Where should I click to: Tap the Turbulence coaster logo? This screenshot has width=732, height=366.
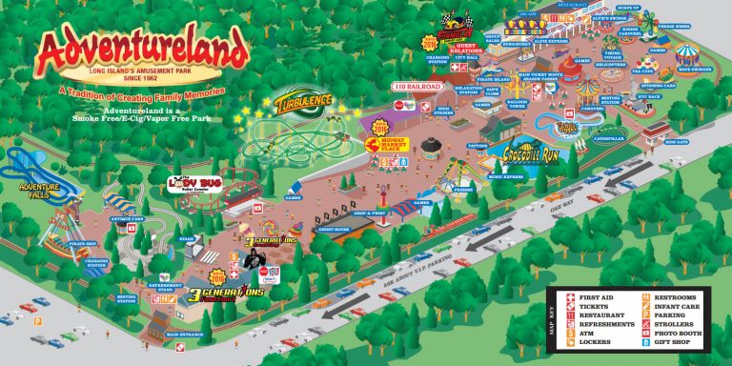pyautogui.click(x=305, y=101)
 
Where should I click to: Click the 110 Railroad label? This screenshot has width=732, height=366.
pyautogui.click(x=420, y=87)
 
